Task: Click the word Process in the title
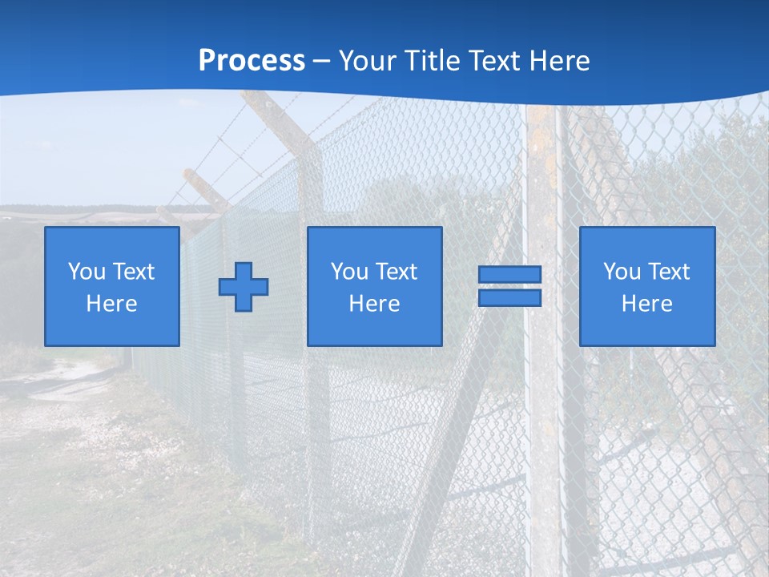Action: tap(252, 60)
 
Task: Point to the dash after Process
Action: tap(322, 61)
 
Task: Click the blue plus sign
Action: tap(244, 286)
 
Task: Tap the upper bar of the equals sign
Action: tap(509, 274)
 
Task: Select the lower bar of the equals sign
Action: tap(509, 298)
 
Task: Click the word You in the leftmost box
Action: tap(86, 271)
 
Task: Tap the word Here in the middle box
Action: tap(374, 304)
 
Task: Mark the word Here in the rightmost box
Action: tap(646, 304)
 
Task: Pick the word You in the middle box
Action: tap(349, 272)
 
